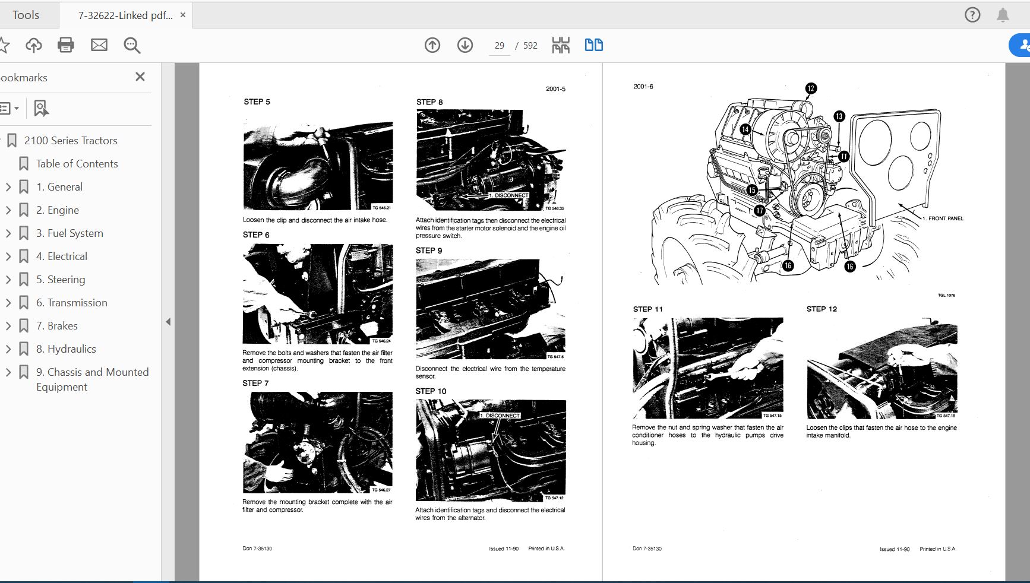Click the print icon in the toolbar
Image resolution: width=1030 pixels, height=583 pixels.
coord(65,45)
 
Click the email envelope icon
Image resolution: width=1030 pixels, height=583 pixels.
coord(99,45)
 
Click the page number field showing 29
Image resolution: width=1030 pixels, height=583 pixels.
coord(499,46)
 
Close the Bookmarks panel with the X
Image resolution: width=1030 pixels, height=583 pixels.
coord(140,77)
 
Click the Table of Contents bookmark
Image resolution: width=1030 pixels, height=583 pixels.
coord(77,164)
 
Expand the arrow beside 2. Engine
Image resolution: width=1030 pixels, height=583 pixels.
coord(8,210)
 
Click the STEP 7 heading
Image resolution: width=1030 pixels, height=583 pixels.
coord(255,383)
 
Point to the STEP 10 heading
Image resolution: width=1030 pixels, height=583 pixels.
coord(431,391)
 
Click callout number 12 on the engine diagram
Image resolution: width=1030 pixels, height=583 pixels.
coord(811,88)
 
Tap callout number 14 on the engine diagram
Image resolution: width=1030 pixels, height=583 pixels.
coord(745,129)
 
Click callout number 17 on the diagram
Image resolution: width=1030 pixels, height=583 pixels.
coord(759,211)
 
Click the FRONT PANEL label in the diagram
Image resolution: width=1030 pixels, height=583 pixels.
coord(945,218)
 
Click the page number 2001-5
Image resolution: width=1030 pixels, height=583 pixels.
coord(555,89)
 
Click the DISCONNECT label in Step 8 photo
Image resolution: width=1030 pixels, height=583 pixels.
coord(509,195)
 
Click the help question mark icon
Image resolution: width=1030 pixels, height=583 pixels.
coord(972,15)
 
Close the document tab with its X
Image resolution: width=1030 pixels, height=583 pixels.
coord(183,15)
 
